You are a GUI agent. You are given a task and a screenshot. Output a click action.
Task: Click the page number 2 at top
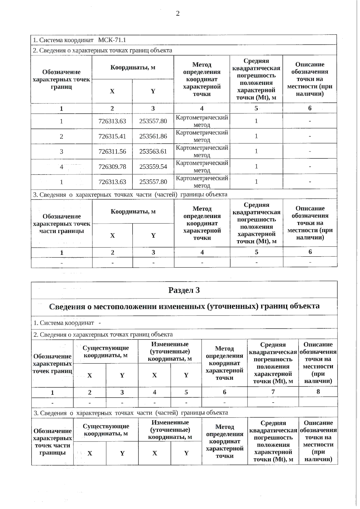pyautogui.click(x=178, y=13)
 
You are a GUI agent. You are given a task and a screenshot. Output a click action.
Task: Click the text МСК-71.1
pyautogui.click(x=112, y=40)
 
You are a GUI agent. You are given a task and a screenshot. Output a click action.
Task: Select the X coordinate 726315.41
pyautogui.click(x=112, y=136)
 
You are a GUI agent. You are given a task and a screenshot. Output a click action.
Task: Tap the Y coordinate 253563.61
pyautogui.click(x=153, y=151)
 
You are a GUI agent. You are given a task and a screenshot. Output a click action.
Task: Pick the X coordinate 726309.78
pyautogui.click(x=112, y=167)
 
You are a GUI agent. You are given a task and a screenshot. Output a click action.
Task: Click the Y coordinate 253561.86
pyautogui.click(x=153, y=136)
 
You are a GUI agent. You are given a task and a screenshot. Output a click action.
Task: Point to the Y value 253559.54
pyautogui.click(x=153, y=167)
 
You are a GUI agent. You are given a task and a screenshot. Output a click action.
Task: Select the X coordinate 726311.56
pyautogui.click(x=112, y=151)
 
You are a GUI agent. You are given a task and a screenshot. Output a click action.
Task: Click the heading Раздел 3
pyautogui.click(x=184, y=290)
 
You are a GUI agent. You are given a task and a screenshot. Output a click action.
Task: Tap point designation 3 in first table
pyautogui.click(x=61, y=151)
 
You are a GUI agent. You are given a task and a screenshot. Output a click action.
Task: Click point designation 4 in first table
pyautogui.click(x=61, y=167)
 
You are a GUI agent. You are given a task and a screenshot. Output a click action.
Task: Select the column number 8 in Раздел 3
pyautogui.click(x=318, y=391)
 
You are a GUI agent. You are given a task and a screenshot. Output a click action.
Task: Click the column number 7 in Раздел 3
pyautogui.click(x=273, y=392)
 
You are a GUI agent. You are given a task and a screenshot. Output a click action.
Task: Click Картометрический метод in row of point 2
pyautogui.click(x=202, y=136)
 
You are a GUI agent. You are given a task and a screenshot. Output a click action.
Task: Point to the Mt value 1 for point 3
pyautogui.click(x=256, y=151)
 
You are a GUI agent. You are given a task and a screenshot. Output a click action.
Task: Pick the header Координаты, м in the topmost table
pyautogui.click(x=133, y=67)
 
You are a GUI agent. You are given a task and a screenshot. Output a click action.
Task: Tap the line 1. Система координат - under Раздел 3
pyautogui.click(x=67, y=323)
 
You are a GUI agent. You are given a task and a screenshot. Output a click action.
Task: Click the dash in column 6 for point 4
pyautogui.click(x=310, y=167)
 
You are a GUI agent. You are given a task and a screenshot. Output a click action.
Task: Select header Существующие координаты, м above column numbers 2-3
pyautogui.click(x=106, y=352)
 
